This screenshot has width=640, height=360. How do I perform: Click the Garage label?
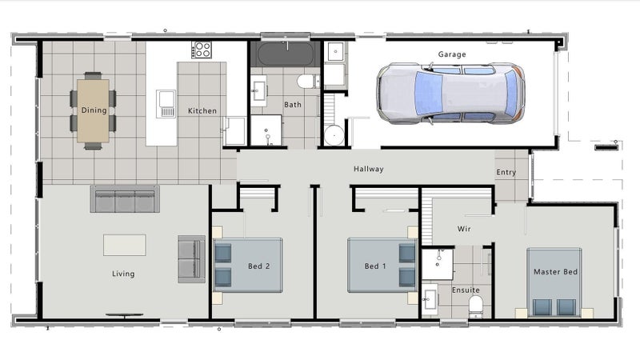click(452, 54)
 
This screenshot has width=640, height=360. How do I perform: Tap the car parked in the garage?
click(450, 93)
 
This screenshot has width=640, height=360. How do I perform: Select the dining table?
click(93, 110)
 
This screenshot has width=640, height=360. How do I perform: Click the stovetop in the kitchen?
click(202, 50)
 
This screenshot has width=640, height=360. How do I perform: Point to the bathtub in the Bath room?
click(286, 54)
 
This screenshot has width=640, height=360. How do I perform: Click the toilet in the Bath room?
click(308, 82)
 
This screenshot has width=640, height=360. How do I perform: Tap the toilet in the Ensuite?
click(475, 306)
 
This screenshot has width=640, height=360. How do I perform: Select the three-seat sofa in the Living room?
click(125, 198)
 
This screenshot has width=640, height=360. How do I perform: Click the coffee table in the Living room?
click(125, 245)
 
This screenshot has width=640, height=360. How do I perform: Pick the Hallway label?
click(369, 169)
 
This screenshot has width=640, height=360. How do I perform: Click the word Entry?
click(506, 173)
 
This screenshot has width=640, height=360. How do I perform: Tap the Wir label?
click(464, 229)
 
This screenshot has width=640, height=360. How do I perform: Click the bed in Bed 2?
click(248, 266)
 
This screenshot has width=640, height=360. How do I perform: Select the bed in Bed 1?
click(382, 266)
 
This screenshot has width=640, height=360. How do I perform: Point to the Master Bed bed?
click(554, 282)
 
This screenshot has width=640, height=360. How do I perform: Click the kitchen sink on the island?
click(167, 104)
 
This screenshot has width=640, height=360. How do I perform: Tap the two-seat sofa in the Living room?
click(191, 259)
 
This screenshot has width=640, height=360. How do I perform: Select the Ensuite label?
click(466, 290)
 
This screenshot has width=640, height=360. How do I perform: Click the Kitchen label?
click(202, 111)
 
